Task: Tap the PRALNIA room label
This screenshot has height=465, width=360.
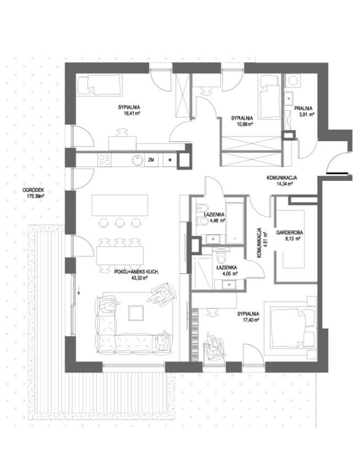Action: click(303, 109)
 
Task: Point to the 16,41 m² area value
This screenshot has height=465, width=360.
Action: click(129, 113)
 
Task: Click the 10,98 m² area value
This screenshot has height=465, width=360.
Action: click(245, 124)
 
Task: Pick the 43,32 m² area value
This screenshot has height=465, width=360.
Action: click(139, 278)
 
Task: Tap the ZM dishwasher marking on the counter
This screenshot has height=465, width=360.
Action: click(151, 160)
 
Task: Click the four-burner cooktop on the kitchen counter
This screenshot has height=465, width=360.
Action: click(104, 160)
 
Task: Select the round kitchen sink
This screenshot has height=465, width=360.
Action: click(138, 160)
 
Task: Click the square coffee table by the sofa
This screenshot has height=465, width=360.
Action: click(136, 313)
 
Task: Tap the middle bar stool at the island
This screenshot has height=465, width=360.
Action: click(119, 223)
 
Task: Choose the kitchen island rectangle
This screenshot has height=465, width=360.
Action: click(120, 205)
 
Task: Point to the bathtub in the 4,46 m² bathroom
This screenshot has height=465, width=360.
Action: click(235, 219)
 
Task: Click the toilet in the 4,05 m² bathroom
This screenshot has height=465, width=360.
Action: click(222, 257)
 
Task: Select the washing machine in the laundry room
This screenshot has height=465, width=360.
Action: click(293, 80)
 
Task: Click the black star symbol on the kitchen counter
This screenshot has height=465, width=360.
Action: click(170, 160)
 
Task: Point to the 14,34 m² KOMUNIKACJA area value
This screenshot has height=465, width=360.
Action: click(284, 183)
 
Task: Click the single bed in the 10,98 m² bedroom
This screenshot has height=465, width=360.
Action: click(270, 97)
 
